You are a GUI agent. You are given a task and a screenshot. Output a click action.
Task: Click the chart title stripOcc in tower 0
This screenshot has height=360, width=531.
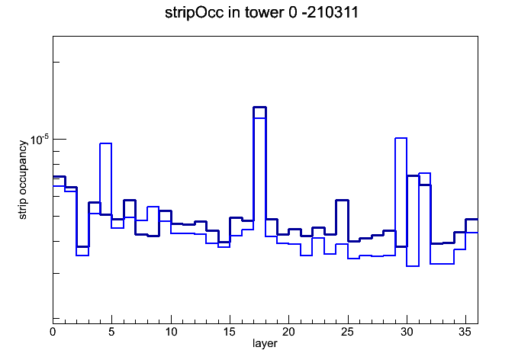click(230, 13)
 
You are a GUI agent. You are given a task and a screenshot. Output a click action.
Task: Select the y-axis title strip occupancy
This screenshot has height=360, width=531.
click(23, 180)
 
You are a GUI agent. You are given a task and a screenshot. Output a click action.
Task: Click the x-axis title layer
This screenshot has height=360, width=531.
click(265, 344)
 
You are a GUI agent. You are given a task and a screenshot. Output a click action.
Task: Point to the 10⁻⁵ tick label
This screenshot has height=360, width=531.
click(40, 139)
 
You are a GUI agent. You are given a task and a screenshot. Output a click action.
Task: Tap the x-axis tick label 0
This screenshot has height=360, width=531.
click(53, 332)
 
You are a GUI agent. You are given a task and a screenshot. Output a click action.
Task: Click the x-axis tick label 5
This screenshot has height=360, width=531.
click(111, 332)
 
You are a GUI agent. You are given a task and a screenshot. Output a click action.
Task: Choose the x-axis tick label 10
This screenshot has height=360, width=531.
click(171, 332)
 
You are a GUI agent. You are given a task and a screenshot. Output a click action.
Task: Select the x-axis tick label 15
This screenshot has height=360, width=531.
click(230, 332)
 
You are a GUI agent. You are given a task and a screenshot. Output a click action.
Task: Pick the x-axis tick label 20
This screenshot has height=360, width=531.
click(288, 332)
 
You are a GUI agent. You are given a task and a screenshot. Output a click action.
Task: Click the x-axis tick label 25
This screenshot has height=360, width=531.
click(347, 332)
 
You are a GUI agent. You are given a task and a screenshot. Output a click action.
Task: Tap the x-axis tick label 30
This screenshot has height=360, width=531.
click(407, 332)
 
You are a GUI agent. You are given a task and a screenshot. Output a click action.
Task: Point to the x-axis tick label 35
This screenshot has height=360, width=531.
click(465, 332)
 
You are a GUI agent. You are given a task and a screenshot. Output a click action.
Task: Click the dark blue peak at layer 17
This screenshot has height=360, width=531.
click(259, 108)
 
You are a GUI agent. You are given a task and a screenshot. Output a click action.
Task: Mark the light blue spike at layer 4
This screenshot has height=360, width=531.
click(105, 143)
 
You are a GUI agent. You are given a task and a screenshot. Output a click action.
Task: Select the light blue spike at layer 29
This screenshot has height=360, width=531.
click(401, 138)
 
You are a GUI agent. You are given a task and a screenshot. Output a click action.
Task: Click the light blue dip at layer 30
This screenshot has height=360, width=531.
click(413, 266)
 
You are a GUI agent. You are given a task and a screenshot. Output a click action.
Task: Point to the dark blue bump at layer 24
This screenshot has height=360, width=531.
click(342, 201)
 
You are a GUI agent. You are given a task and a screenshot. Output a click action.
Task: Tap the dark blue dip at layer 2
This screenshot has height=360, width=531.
click(83, 246)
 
